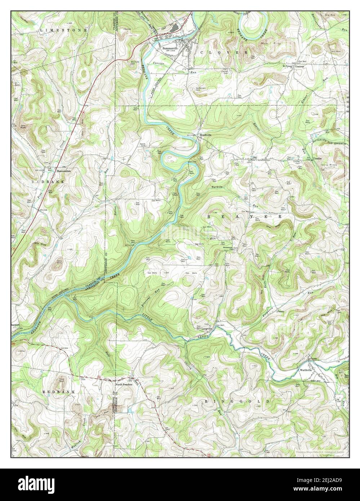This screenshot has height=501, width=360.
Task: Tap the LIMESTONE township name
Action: (63, 30)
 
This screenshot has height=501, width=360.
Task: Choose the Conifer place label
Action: (317, 158)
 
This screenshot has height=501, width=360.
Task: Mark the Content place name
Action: (300, 67)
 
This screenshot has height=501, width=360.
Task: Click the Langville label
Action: (207, 329)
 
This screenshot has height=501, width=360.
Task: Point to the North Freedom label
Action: (124, 385)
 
